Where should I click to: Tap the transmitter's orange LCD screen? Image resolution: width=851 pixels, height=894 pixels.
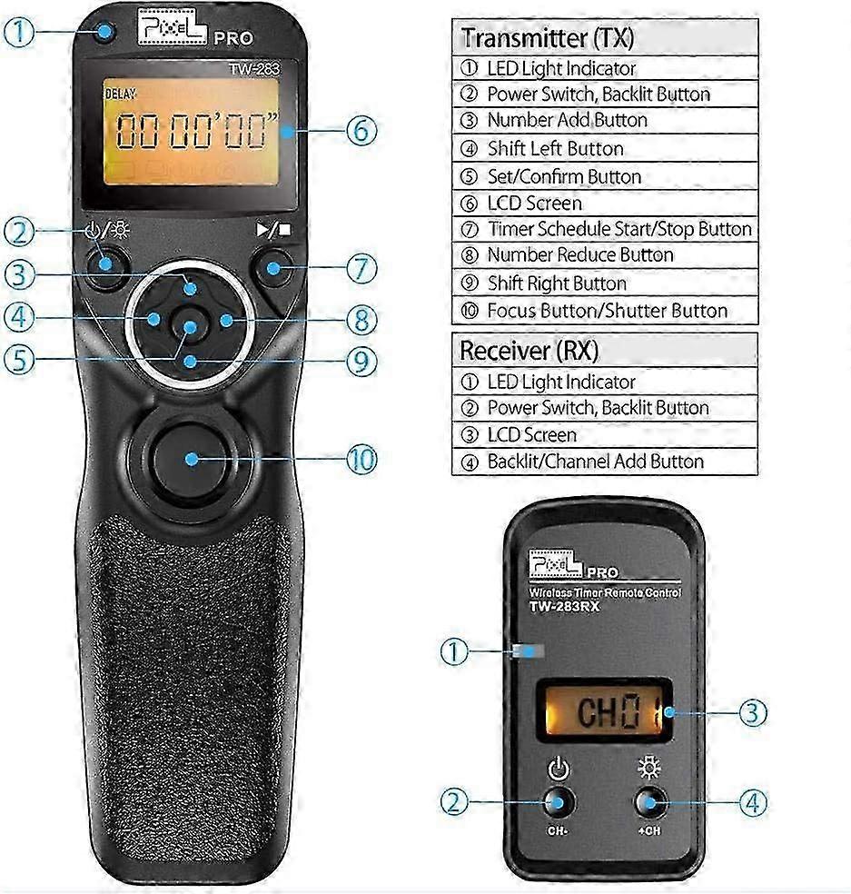[x=192, y=131]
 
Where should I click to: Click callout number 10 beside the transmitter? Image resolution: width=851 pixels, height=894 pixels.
[x=362, y=460]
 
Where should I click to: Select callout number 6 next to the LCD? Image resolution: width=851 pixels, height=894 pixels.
[x=362, y=131]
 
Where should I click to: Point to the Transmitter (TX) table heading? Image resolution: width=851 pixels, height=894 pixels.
[x=547, y=38]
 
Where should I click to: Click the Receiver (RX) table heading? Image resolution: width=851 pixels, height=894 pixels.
[x=529, y=350]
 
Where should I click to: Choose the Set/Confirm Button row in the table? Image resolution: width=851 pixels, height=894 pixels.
[x=605, y=176]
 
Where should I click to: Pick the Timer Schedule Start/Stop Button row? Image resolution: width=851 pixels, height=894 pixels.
[x=605, y=229]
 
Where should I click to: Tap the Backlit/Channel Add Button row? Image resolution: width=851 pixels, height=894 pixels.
[x=605, y=462]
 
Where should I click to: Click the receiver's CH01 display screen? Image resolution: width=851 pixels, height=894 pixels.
[x=604, y=711]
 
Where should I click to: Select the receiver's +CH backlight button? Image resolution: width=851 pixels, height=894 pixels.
[x=649, y=803]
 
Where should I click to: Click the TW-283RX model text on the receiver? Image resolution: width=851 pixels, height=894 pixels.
[x=564, y=607]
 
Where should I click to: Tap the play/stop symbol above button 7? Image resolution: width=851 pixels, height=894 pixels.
[x=273, y=229]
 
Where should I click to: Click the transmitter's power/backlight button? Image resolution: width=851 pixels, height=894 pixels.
[x=106, y=264]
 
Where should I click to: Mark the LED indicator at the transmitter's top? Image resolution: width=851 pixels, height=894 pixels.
[x=104, y=32]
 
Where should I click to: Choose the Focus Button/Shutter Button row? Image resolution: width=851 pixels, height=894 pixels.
[x=605, y=311]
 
